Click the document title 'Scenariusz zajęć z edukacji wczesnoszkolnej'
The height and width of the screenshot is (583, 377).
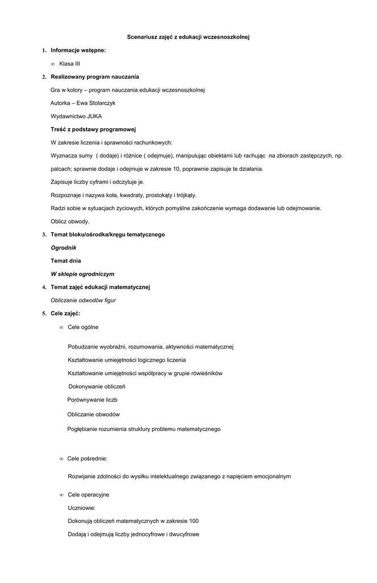188,38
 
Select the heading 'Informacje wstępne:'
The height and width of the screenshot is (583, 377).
78,51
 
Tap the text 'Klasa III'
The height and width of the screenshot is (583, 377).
69,64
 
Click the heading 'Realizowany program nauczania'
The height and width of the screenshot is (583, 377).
94,77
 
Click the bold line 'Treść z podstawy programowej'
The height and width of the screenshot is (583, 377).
93,129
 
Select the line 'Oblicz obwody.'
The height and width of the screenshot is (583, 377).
70,221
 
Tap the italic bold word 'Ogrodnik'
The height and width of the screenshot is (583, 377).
64,248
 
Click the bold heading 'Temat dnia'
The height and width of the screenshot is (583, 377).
65,261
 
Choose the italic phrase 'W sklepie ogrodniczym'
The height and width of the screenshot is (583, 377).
82,274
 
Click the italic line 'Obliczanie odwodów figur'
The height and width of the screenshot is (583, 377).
83,300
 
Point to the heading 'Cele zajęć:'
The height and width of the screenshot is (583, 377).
65,313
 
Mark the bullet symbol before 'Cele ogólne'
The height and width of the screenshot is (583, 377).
61,327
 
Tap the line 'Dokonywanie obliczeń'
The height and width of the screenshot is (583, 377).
97,387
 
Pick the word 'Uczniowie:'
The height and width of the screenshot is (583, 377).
81,508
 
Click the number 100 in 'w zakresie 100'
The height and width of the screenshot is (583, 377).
194,521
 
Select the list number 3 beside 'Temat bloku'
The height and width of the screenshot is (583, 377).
44,235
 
